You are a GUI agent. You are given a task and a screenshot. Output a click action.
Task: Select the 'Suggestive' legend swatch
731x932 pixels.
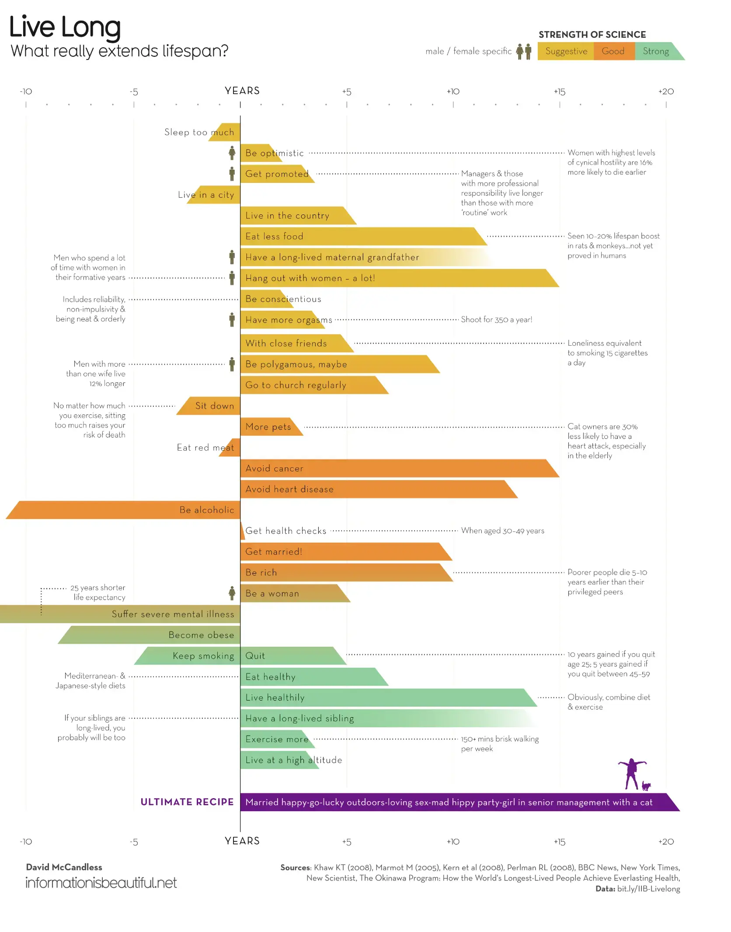coord(566,51)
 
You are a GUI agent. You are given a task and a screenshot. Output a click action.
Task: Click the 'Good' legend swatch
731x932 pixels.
coord(613,51)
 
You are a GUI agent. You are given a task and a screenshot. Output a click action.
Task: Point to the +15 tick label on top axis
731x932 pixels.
coord(560,92)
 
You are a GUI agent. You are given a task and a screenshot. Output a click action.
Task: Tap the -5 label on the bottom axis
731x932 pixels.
coord(134,842)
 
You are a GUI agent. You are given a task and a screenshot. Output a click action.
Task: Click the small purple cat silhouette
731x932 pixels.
coord(646,786)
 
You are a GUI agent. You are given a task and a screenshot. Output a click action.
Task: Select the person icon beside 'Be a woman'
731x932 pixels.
coord(232,593)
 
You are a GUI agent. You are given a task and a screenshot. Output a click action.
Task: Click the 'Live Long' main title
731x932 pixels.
coord(65,27)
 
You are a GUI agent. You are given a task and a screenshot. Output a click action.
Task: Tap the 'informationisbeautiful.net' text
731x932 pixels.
coord(101,883)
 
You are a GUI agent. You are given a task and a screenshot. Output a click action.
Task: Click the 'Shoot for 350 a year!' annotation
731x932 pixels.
coord(497,320)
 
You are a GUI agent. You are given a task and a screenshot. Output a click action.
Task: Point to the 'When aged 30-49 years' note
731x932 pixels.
coord(503,531)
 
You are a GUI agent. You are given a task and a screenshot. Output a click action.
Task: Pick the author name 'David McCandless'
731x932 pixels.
coord(64,867)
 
